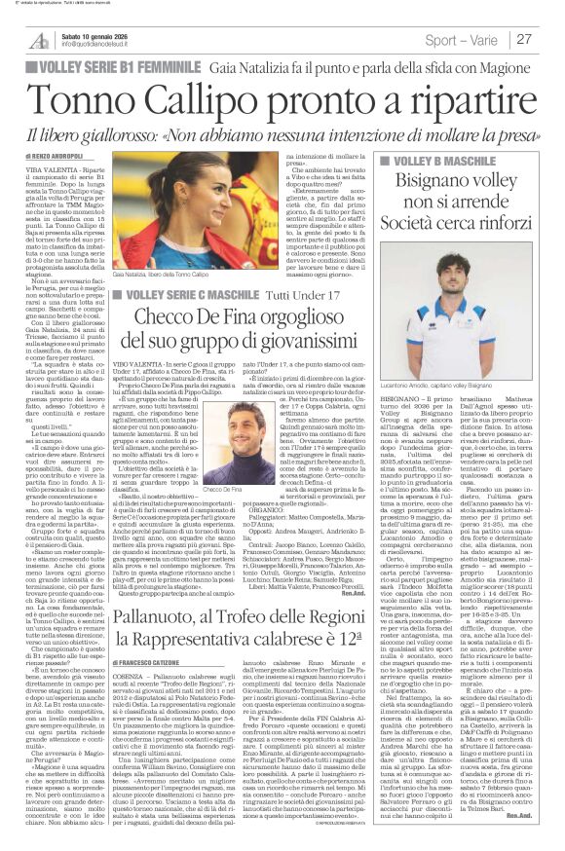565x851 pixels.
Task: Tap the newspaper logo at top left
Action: pyautogui.click(x=40, y=40)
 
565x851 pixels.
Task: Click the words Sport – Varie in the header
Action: pyautogui.click(x=459, y=40)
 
